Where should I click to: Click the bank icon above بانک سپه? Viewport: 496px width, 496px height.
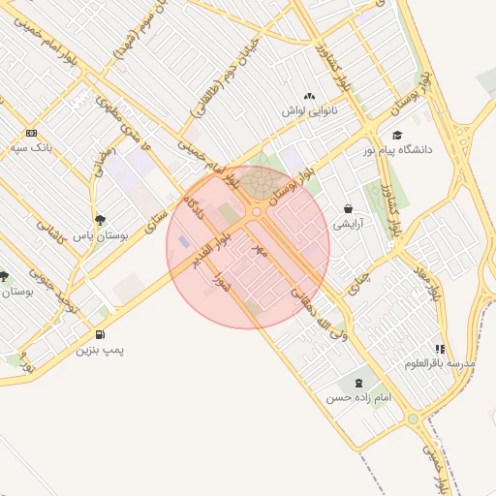point(32,133)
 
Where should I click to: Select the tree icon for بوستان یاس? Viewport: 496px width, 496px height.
point(101,220)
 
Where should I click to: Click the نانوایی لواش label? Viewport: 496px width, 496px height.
point(308,110)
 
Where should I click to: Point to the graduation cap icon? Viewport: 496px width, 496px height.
point(397,136)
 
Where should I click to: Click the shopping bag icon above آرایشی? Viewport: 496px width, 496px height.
point(348,208)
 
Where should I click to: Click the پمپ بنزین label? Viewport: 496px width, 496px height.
point(101,349)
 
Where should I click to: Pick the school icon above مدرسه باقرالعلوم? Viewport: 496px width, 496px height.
point(441,349)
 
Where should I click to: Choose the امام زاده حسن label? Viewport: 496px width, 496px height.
point(358,398)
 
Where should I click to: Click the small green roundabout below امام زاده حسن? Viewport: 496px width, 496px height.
point(414,419)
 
